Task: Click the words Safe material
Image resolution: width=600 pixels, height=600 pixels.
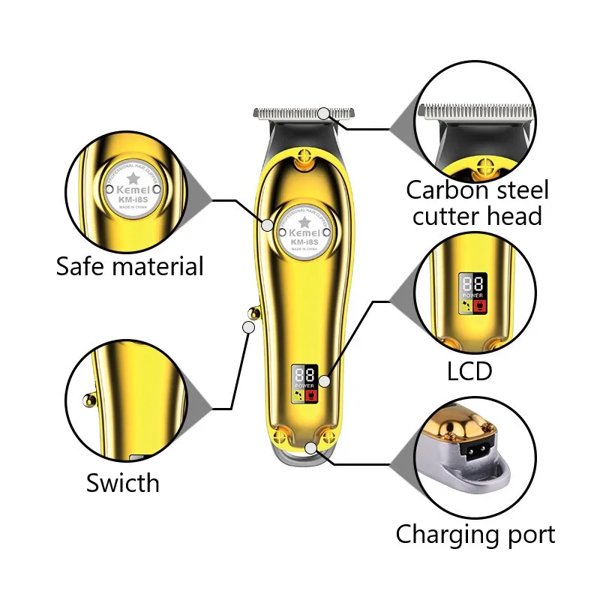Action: pyautogui.click(x=130, y=266)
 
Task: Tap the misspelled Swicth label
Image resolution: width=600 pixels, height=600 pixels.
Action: pyautogui.click(x=123, y=483)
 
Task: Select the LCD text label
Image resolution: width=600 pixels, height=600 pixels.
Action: pyautogui.click(x=469, y=370)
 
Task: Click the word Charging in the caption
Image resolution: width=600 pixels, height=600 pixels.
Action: pyautogui.click(x=447, y=535)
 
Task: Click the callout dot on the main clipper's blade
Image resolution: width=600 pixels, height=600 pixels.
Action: pyautogui.click(x=323, y=113)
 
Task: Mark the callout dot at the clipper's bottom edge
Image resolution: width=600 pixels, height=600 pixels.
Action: pyautogui.click(x=311, y=448)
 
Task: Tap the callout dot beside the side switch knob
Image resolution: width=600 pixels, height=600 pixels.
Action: pyautogui.click(x=248, y=326)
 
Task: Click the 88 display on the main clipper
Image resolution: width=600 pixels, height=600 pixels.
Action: pyautogui.click(x=304, y=373)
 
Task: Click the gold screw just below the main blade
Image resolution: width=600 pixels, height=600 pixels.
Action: pyautogui.click(x=304, y=158)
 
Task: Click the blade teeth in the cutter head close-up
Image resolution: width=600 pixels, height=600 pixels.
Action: pyautogui.click(x=476, y=112)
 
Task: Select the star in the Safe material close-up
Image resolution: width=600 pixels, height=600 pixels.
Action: pyautogui.click(x=132, y=178)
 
